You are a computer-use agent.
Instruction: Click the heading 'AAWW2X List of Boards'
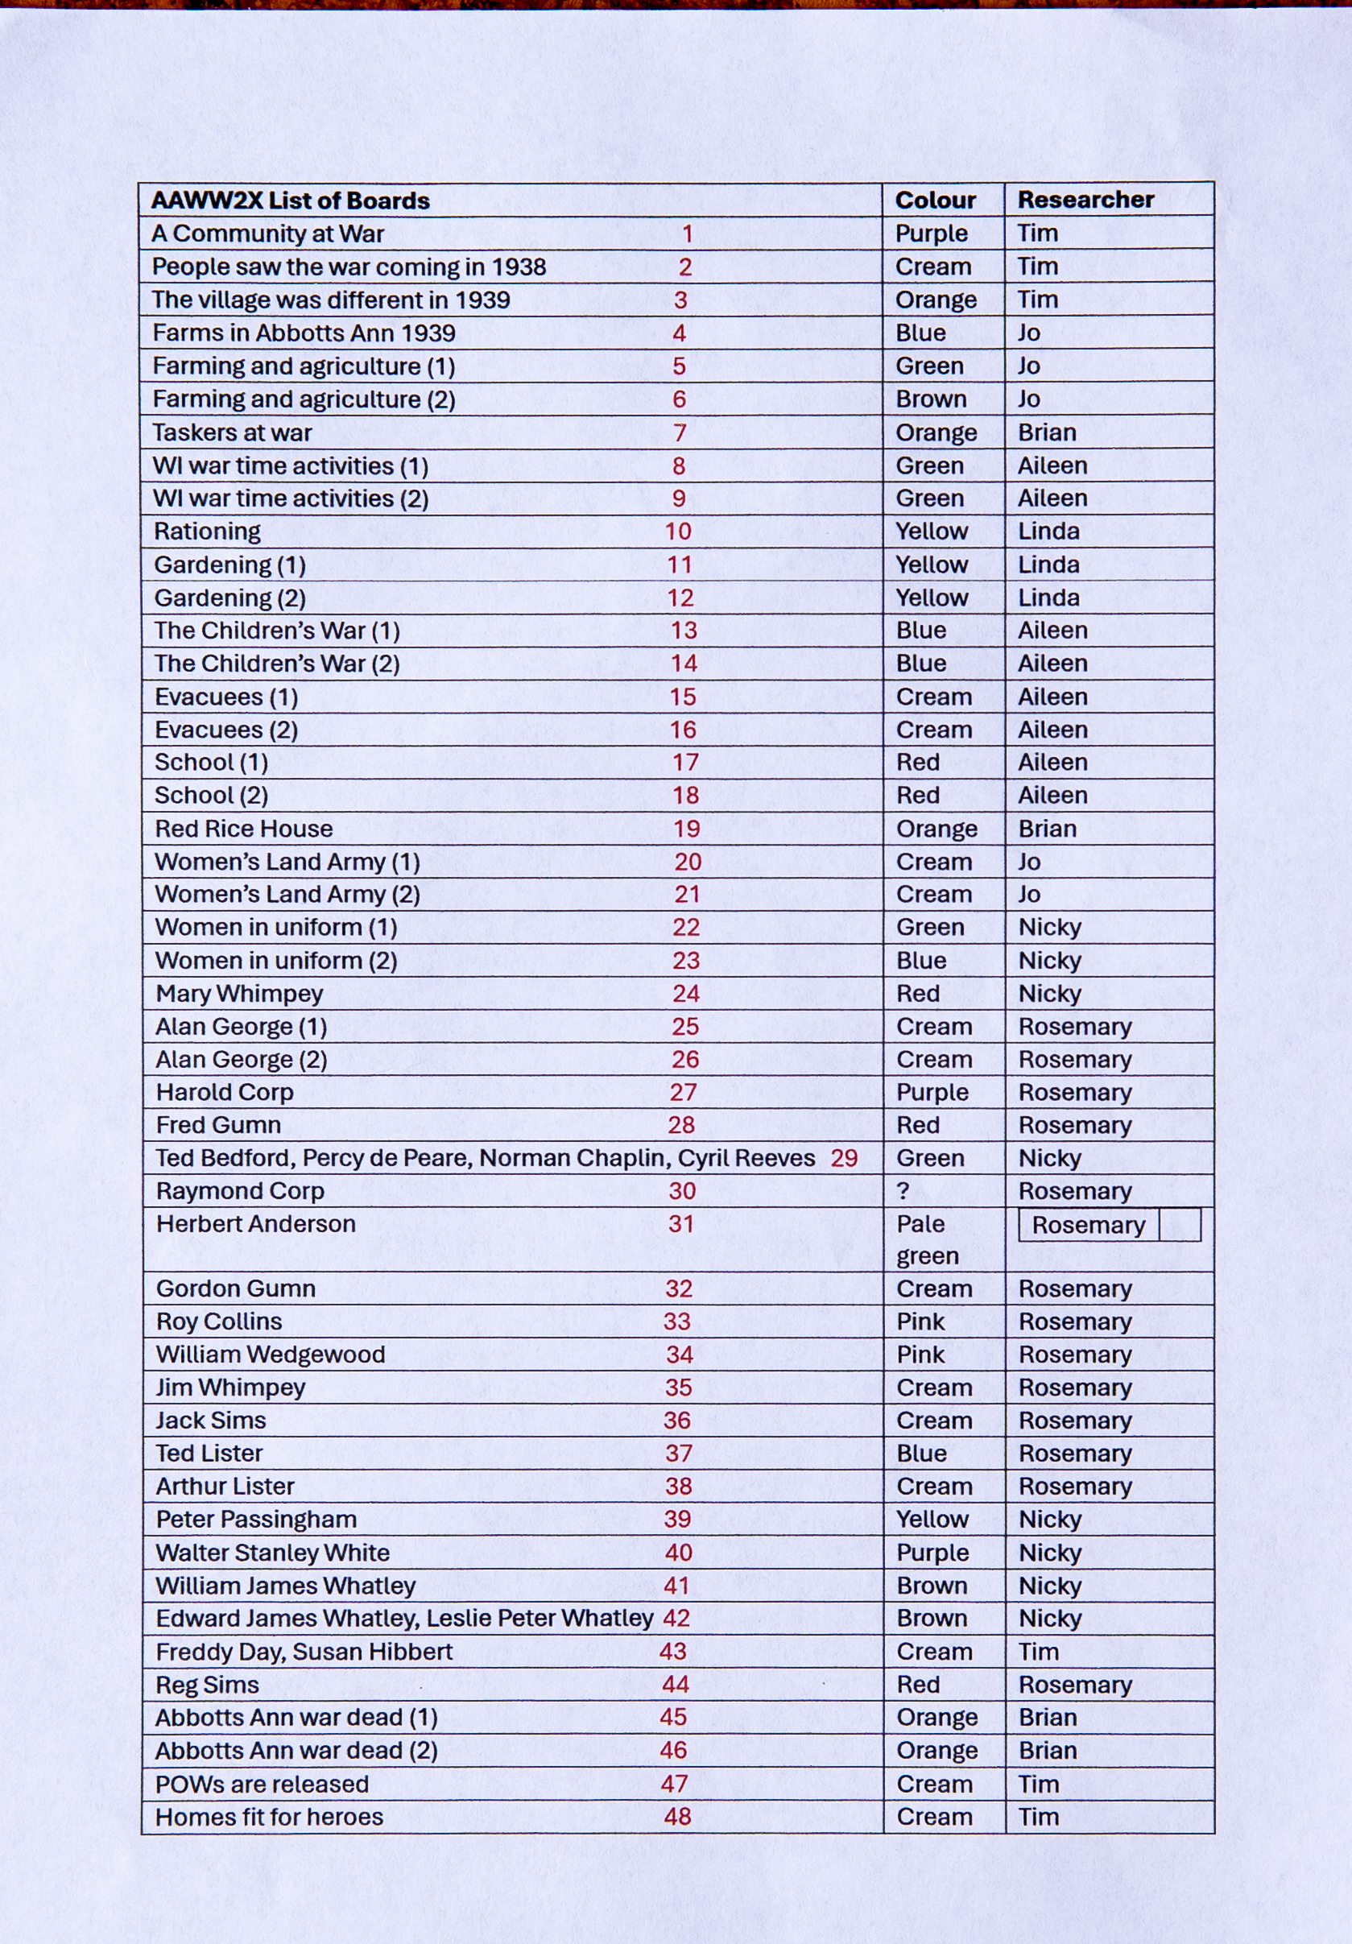click(x=291, y=201)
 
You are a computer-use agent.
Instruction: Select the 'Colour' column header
click(x=936, y=200)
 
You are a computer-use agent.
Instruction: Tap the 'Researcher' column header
click(x=1085, y=199)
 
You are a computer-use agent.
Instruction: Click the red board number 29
click(x=843, y=1157)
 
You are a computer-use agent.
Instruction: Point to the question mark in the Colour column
click(x=903, y=1190)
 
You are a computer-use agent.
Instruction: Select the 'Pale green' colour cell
click(x=927, y=1239)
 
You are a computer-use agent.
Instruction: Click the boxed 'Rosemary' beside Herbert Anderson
click(x=1088, y=1225)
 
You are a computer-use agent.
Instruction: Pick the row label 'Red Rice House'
click(x=244, y=828)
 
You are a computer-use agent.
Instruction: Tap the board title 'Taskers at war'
click(x=232, y=432)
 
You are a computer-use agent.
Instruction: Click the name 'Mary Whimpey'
click(x=240, y=993)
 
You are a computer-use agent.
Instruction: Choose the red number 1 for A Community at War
click(x=688, y=234)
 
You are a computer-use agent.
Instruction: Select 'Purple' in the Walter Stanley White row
click(x=932, y=1552)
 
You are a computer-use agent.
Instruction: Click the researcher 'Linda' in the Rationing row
click(x=1048, y=531)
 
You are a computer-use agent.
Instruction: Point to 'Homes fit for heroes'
click(x=269, y=1816)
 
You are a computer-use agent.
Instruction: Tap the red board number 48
click(x=677, y=1816)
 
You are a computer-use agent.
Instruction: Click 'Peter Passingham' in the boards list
click(x=257, y=1519)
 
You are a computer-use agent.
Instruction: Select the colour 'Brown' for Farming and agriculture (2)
click(x=931, y=399)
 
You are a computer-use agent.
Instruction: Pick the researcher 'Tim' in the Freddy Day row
click(x=1038, y=1651)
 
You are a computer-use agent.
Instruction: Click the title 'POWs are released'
click(x=262, y=1784)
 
